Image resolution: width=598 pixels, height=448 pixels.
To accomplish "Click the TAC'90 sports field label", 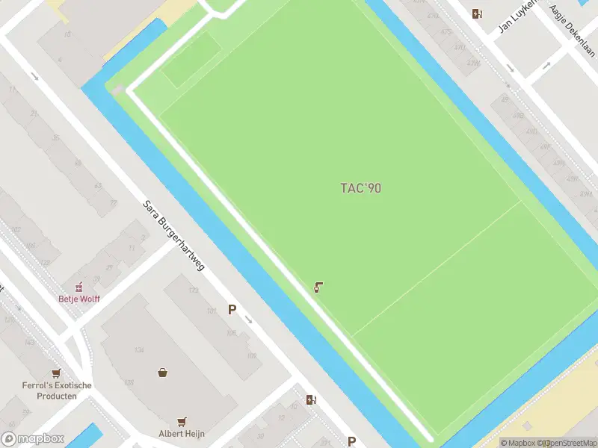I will click(x=360, y=188).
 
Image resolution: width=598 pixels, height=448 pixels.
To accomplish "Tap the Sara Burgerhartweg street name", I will click(x=174, y=235).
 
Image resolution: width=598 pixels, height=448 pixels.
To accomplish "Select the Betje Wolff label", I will click(x=79, y=299).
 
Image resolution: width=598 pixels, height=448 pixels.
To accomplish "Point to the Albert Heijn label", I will click(x=182, y=434).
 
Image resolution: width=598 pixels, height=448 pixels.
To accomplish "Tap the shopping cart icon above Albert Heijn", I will click(x=182, y=421).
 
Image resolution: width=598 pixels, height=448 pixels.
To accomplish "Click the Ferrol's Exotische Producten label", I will click(x=57, y=391).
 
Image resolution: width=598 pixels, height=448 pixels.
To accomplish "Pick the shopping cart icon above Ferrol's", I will click(x=56, y=373).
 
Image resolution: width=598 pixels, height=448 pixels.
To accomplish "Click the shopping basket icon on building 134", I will click(x=162, y=372).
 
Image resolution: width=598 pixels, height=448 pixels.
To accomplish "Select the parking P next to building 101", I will click(x=232, y=309).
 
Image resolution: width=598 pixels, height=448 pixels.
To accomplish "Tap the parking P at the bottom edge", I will click(x=351, y=441).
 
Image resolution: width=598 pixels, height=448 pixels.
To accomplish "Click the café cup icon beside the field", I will click(x=318, y=287).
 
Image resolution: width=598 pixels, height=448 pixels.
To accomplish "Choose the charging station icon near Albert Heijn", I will click(x=311, y=399).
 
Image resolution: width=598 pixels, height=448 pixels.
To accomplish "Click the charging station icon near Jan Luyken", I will click(x=477, y=13).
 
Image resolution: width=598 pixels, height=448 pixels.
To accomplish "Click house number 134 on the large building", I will click(x=139, y=349).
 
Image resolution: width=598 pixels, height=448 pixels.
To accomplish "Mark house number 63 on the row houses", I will click(x=98, y=185).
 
